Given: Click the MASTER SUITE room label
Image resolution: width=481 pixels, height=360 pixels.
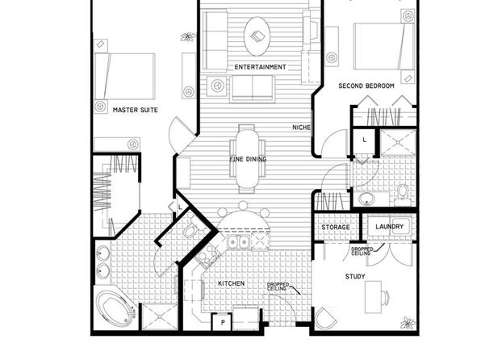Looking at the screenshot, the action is (x=136, y=110).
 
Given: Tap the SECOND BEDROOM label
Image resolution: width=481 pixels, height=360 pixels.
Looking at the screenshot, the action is (x=366, y=86).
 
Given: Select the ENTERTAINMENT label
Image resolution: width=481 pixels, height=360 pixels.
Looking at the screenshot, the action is (x=260, y=67).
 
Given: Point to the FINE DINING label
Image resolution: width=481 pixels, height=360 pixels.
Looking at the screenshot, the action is (x=248, y=159).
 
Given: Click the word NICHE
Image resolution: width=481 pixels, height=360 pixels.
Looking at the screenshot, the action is (x=301, y=127).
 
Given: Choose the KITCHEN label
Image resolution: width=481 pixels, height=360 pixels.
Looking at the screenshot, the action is (x=232, y=283).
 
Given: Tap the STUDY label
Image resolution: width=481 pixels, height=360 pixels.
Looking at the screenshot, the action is (x=355, y=277).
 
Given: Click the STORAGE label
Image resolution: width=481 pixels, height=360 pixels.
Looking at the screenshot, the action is (x=336, y=227).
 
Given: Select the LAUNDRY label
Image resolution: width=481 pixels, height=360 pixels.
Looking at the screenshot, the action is (x=389, y=227).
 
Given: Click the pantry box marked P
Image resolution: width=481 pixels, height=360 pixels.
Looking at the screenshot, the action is (x=222, y=322).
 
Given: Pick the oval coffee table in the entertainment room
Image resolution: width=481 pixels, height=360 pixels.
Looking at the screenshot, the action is (x=257, y=36).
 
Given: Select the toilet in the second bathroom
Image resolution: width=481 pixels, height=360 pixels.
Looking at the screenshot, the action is (x=403, y=195).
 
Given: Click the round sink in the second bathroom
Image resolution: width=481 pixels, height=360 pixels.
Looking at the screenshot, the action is (x=366, y=199).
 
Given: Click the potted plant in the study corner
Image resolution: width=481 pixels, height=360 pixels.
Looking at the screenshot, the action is (x=408, y=323).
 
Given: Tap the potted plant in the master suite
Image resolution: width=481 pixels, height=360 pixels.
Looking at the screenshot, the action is (x=188, y=36).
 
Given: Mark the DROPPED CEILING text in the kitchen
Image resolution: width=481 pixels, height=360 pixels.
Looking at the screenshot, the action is (x=278, y=287).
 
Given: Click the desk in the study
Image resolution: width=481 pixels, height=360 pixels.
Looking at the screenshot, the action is (x=374, y=297).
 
